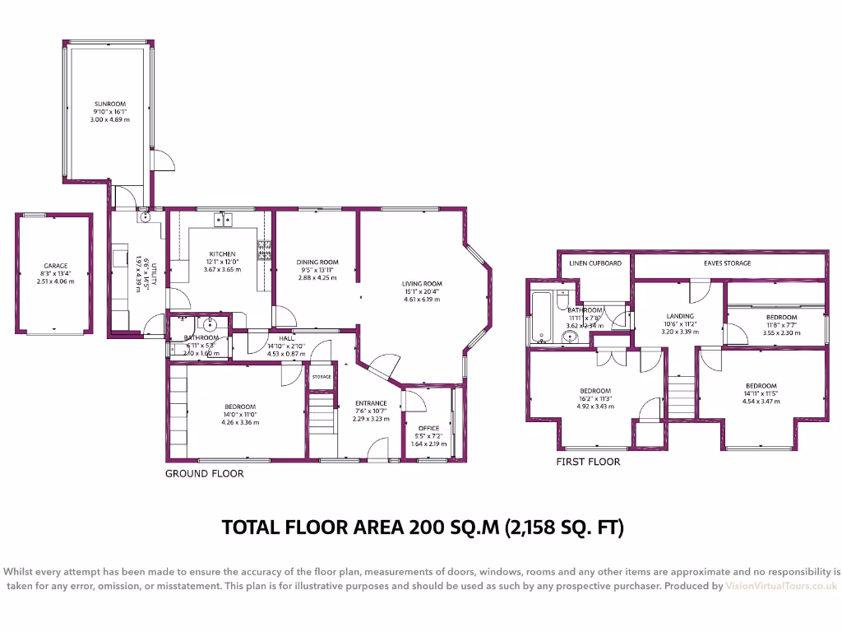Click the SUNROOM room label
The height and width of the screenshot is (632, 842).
[109, 104]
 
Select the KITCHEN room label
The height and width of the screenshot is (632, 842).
[222, 254]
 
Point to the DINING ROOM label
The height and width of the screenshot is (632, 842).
[317, 263]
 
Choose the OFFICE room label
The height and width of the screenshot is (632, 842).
[428, 428]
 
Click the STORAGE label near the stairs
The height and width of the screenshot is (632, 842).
[321, 377]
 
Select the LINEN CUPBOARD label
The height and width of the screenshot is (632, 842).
[596, 263]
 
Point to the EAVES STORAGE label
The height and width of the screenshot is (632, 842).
[727, 263]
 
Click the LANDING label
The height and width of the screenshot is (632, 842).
[680, 316]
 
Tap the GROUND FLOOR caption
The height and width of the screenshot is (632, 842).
[205, 473]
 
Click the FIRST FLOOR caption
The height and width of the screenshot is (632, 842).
[589, 462]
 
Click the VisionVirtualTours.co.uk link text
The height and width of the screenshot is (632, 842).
[780, 586]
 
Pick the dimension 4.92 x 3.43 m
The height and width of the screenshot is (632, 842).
[595, 406]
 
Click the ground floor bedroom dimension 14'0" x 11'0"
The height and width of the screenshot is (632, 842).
[241, 415]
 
